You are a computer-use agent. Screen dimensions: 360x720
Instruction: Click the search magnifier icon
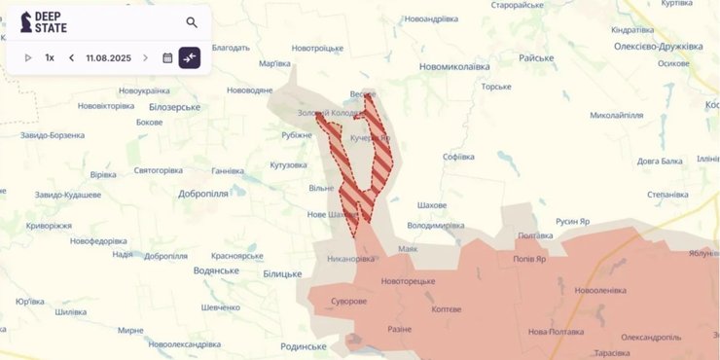192,22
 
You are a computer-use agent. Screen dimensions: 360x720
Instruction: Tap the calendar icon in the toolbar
167,57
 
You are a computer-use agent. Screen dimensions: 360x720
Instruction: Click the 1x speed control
50,57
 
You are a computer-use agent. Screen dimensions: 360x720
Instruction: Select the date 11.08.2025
107,57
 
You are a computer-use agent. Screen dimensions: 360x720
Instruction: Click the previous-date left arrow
71,57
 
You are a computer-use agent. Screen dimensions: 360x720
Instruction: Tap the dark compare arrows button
189,57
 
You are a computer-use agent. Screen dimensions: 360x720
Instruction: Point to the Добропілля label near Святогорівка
202,194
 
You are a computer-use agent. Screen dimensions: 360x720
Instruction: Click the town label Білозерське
175,107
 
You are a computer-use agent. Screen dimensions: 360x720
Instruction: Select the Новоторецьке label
409,281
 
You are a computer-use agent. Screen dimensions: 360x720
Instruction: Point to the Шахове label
431,205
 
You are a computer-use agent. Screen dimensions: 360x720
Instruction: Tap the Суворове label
346,301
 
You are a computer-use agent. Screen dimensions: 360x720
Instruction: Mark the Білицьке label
282,274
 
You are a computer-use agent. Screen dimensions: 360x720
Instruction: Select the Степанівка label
667,195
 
